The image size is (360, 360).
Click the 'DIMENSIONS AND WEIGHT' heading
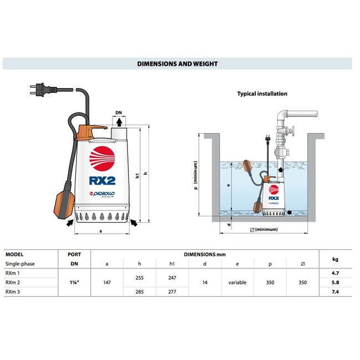(177, 64)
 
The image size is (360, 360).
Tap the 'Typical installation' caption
(262, 94)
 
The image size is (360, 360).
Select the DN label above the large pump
(119, 112)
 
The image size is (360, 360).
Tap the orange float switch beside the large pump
(59, 207)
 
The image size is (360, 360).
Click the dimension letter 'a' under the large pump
(99, 230)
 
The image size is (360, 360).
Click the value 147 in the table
(108, 281)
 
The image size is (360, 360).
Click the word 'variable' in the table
(237, 281)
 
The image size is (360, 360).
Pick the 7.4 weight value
(335, 290)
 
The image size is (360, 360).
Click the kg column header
(335, 259)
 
